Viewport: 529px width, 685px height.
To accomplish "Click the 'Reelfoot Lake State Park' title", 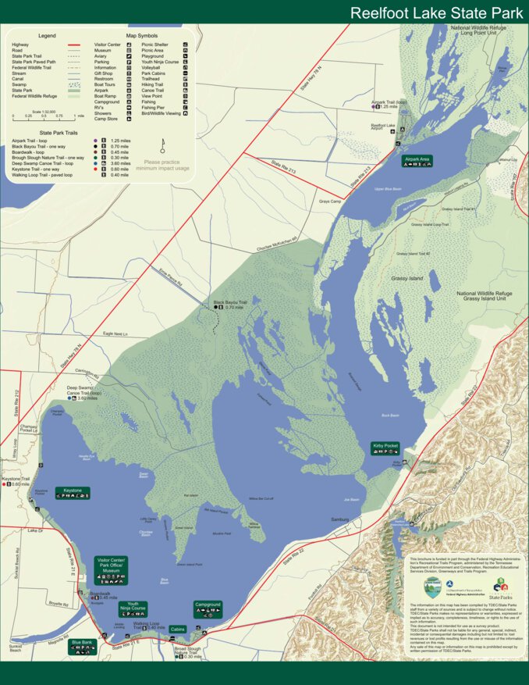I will [435, 12].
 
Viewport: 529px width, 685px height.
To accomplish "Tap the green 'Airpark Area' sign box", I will [417, 161].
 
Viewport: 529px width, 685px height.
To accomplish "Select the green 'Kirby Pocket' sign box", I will [385, 448].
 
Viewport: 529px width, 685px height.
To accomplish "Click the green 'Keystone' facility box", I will [73, 493].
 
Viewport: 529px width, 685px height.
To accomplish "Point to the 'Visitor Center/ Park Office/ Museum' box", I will [111, 570].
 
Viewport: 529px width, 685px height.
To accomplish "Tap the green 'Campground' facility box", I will [208, 607].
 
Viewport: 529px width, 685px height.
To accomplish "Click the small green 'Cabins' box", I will [178, 629].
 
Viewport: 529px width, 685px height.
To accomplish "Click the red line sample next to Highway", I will [74, 45].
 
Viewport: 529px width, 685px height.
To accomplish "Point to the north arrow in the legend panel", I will [162, 145].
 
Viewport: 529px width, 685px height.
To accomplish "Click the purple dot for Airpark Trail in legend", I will [94, 141].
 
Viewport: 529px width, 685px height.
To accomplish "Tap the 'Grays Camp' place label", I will [330, 202].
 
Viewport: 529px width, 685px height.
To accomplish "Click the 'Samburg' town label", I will [339, 519].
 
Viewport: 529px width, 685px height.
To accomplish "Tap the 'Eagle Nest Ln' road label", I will [115, 334].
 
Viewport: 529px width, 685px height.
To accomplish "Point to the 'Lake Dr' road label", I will [34, 530].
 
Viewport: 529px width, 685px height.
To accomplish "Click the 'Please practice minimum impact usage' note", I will [162, 165].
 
